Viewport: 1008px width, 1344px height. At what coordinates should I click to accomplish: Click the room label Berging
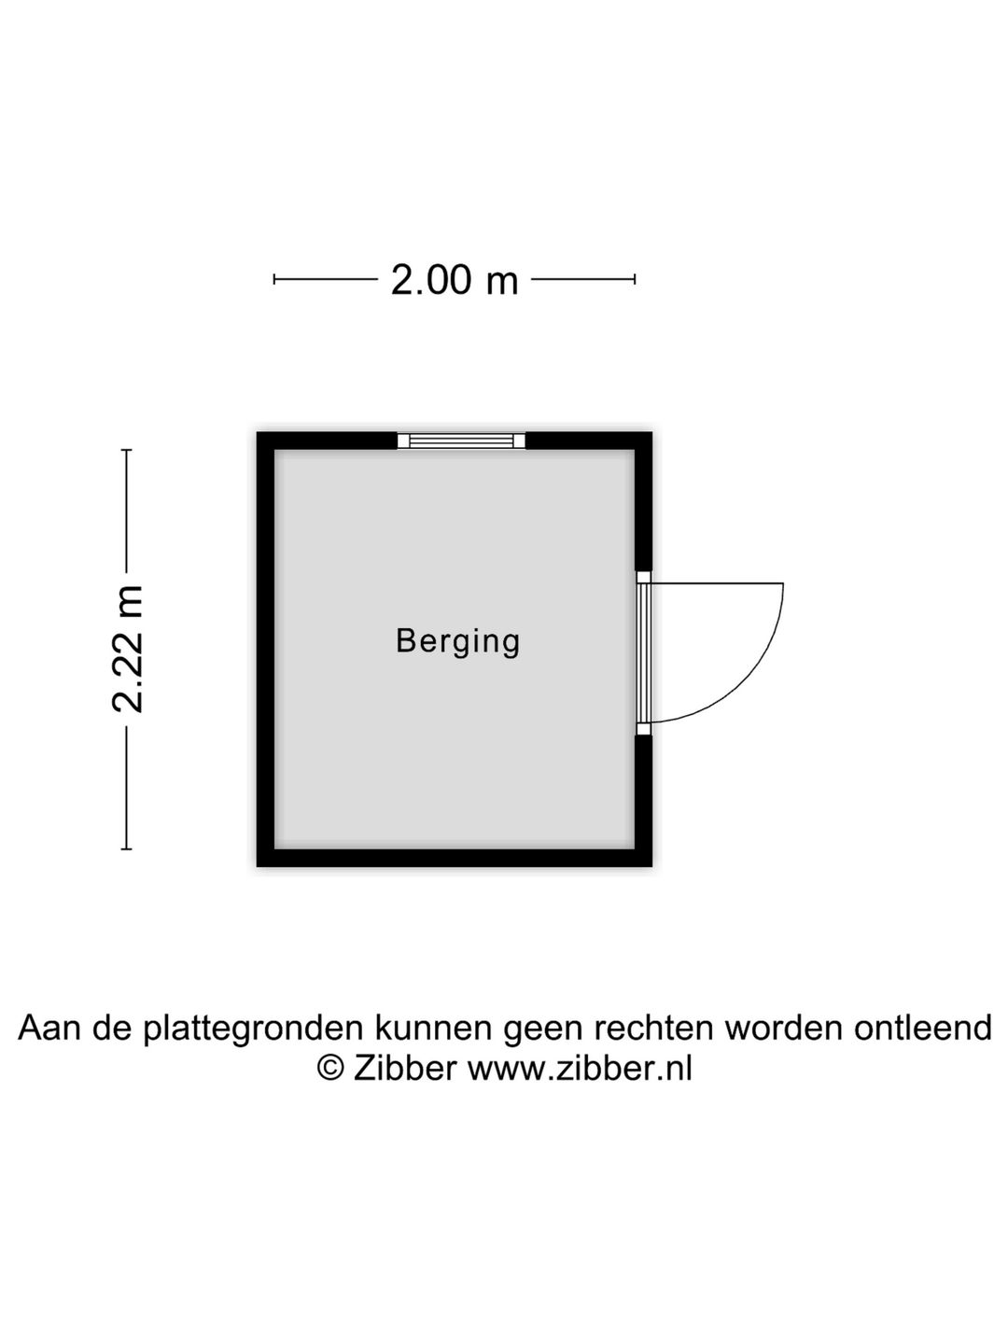click(457, 641)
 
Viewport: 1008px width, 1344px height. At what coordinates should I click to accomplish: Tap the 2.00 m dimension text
click(455, 280)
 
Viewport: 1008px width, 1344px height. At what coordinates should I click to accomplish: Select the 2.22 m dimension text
click(128, 649)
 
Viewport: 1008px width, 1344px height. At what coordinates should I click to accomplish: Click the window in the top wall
click(461, 441)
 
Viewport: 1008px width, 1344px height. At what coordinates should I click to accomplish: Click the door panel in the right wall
click(643, 652)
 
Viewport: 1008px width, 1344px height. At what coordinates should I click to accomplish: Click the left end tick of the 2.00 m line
click(274, 280)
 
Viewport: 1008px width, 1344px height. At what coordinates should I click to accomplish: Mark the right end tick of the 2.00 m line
click(635, 280)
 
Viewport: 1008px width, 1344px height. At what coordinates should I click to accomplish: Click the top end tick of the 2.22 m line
click(127, 450)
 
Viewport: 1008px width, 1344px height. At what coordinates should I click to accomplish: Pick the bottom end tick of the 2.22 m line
click(127, 849)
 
